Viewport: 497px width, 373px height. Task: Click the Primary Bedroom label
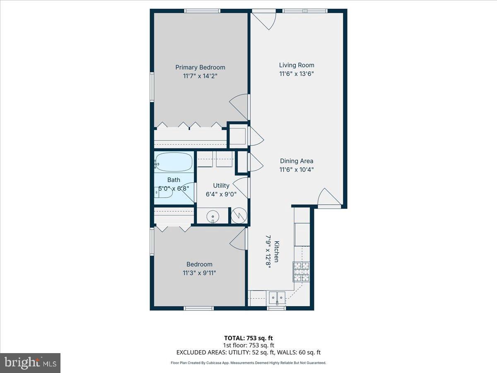pyautogui.click(x=200, y=68)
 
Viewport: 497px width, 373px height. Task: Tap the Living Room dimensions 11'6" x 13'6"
pyautogui.click(x=297, y=74)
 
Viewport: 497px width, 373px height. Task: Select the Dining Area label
pyautogui.click(x=297, y=161)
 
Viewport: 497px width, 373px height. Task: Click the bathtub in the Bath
pyautogui.click(x=174, y=162)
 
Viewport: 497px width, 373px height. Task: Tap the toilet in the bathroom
pyautogui.click(x=164, y=192)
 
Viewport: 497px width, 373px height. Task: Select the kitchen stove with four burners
pyautogui.click(x=301, y=271)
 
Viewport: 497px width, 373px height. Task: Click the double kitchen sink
pyautogui.click(x=277, y=297)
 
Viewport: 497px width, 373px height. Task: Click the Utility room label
pyautogui.click(x=221, y=186)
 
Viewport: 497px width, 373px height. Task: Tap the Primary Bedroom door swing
pyautogui.click(x=239, y=107)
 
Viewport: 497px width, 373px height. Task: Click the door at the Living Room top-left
pyautogui.click(x=264, y=20)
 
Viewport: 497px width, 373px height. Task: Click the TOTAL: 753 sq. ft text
pyautogui.click(x=248, y=338)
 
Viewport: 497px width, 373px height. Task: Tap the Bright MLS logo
pyautogui.click(x=30, y=363)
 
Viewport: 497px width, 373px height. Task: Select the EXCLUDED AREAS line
pyautogui.click(x=248, y=353)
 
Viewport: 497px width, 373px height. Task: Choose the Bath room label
pyautogui.click(x=174, y=180)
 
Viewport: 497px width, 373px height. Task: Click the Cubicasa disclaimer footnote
pyautogui.click(x=248, y=363)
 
